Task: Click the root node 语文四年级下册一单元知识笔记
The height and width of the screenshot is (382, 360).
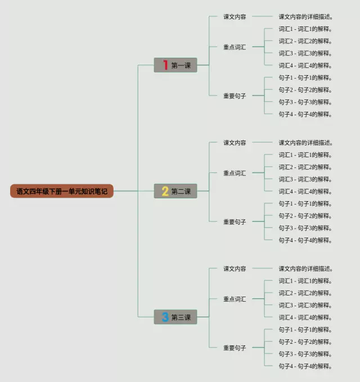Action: tap(62, 192)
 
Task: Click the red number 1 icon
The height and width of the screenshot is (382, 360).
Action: tap(165, 66)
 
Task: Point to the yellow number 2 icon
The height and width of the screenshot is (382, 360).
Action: tap(165, 192)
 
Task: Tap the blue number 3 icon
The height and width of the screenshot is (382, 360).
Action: tap(165, 317)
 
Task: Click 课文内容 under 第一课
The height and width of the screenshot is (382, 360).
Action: tap(235, 17)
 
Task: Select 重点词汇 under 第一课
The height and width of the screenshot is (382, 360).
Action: tap(235, 47)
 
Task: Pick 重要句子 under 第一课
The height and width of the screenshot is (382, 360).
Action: tap(235, 96)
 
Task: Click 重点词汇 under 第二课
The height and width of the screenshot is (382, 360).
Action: tap(235, 173)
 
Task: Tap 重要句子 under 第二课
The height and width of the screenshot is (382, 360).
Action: tap(235, 222)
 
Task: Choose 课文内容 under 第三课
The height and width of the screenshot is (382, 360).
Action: tap(235, 269)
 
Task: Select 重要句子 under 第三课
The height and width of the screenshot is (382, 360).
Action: tap(235, 348)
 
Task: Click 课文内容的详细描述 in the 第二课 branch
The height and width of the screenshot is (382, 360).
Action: tap(305, 143)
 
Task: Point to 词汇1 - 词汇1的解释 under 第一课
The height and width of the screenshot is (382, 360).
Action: tap(305, 29)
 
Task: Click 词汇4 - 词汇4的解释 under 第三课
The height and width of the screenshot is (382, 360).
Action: tap(305, 317)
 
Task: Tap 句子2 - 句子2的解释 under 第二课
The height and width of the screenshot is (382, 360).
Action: tap(305, 216)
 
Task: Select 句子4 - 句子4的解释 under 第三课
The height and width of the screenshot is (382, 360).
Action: tap(305, 366)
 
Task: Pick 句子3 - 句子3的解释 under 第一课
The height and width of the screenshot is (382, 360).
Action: tap(305, 102)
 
